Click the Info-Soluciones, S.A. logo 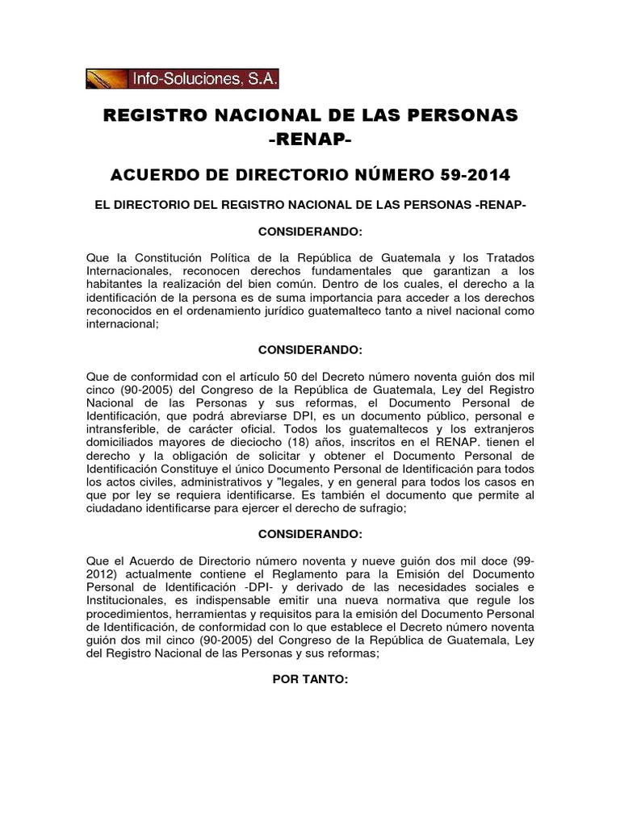coord(182,78)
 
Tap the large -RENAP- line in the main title coord(310,142)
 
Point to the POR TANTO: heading coord(310,679)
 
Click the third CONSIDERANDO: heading coord(310,534)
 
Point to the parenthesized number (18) coord(282,444)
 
